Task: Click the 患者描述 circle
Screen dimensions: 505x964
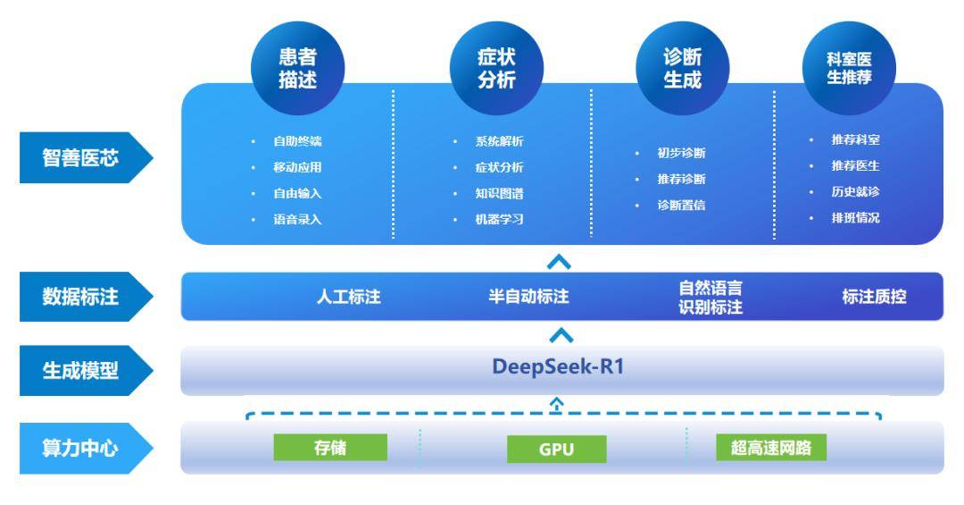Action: (297, 68)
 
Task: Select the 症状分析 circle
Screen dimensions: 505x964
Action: (496, 68)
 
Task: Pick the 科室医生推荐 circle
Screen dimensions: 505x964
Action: (849, 68)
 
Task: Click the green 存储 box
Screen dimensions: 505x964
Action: (330, 447)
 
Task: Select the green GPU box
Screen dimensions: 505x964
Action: (556, 449)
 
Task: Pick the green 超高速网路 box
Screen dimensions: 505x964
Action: (771, 447)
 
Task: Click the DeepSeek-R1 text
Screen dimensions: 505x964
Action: (558, 368)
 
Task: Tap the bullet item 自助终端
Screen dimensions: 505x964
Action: (297, 140)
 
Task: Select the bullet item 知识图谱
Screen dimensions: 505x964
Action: (499, 193)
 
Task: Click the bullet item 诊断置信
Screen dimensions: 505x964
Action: (681, 206)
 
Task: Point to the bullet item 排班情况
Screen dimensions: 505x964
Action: (855, 217)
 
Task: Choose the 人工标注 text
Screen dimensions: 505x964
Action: (349, 298)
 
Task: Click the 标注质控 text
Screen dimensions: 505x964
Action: (874, 298)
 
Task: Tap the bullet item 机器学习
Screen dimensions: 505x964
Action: (499, 219)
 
